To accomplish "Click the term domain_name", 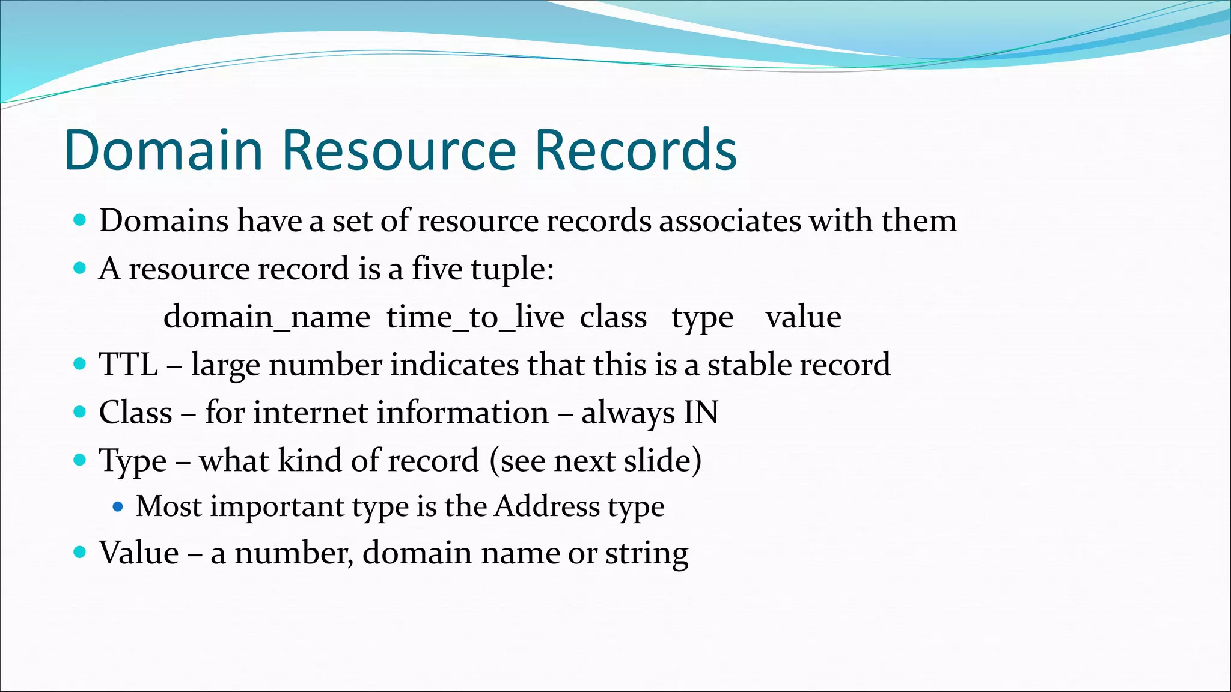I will tap(267, 317).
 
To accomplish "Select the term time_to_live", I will tap(475, 317).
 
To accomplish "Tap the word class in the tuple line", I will tap(613, 317).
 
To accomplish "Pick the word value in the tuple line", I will tap(803, 317).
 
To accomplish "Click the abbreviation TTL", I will tap(129, 365).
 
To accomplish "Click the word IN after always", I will tap(701, 413).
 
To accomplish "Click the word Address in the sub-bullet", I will tap(547, 506).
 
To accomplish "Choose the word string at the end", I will tap(647, 553).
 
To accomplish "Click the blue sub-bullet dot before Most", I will tap(118, 507).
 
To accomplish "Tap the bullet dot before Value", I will tap(79, 552).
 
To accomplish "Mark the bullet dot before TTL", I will tap(79, 364).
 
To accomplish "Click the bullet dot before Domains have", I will tap(79, 220).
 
